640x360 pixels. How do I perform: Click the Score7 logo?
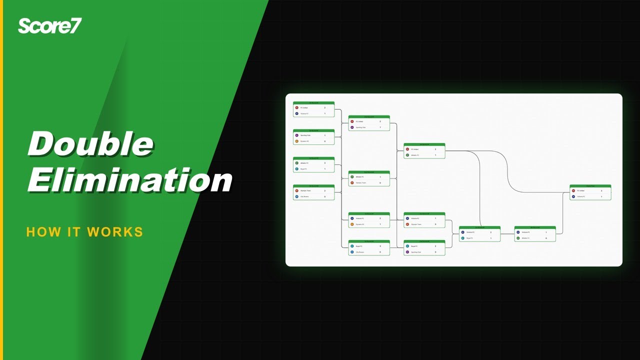click(49, 25)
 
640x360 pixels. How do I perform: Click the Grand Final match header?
click(590, 186)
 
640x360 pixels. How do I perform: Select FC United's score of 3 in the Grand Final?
click(601, 190)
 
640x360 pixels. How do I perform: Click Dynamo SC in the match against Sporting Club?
click(304, 141)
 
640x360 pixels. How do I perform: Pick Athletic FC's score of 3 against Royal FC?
click(324, 163)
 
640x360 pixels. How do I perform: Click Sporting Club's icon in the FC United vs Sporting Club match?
click(352, 127)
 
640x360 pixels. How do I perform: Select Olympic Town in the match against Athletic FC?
click(360, 182)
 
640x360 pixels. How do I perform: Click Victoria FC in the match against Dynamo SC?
click(360, 218)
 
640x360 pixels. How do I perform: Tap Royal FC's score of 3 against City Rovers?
click(380, 246)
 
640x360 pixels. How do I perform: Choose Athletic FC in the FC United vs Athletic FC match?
click(415, 155)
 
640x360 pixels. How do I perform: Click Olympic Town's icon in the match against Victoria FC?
click(407, 224)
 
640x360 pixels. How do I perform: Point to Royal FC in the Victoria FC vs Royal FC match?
click(470, 238)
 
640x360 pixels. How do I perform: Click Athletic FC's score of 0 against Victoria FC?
click(546, 238)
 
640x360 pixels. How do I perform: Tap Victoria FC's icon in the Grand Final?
click(573, 196)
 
